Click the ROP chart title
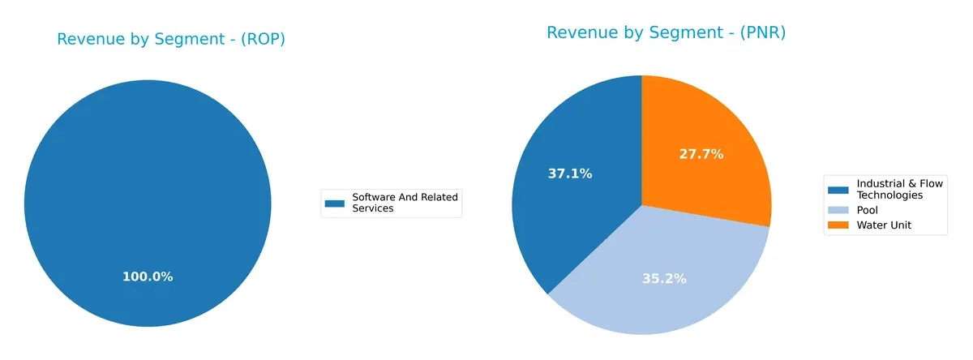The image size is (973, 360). pos(170,39)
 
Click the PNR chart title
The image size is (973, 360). pos(666,32)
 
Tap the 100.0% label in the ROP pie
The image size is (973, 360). pos(148,276)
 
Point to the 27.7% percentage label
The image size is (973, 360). pos(701,153)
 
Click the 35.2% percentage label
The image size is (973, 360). pos(663,278)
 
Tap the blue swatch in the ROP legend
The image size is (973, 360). pos(335,203)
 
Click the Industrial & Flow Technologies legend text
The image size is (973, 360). pos(900,190)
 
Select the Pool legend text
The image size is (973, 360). pos(868,210)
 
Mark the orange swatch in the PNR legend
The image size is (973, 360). pos(838,225)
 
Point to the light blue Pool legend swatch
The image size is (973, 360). pos(838,210)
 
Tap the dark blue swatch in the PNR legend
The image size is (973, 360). pos(838,190)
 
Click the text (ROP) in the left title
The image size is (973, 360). pos(262,39)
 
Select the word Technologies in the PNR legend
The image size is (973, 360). pos(889,195)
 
